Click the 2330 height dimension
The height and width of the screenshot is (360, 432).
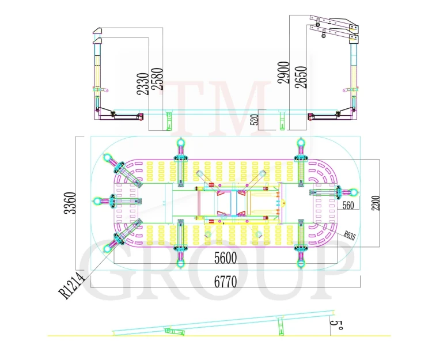coord(143,84)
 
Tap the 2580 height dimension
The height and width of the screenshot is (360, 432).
coord(157,79)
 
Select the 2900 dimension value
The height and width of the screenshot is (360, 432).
coord(283,73)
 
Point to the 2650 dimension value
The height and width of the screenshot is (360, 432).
coord(301,77)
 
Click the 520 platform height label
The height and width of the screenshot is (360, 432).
coord(255,120)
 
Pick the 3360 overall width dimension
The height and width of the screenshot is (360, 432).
coord(70,203)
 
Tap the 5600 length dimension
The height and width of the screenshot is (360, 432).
coord(225,258)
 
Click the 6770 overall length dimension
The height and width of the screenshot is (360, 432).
coord(225,282)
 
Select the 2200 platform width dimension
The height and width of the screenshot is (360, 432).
coord(375,203)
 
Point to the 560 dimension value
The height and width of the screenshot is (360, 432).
coord(348,205)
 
